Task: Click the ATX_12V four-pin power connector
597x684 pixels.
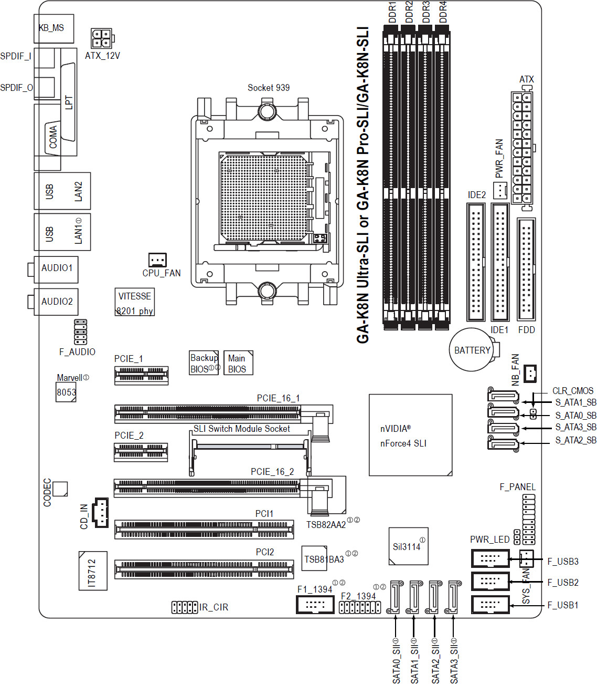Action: [102, 38]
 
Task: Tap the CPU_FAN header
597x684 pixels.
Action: [157, 260]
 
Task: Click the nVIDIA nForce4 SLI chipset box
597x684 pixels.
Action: [410, 434]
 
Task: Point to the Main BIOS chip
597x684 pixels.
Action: [238, 362]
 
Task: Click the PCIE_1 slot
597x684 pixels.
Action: [142, 376]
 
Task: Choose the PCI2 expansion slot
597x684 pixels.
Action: [204, 569]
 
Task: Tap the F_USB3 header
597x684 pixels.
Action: [490, 558]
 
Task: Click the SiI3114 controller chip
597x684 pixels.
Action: [409, 546]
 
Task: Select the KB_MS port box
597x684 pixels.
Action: [54, 28]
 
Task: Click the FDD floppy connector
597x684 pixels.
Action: [526, 270]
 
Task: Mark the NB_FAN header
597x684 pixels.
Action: [530, 374]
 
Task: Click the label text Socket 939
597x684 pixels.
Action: [269, 88]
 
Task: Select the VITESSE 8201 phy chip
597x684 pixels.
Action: [134, 302]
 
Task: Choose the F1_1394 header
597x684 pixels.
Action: [315, 605]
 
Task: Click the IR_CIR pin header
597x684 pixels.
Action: [185, 607]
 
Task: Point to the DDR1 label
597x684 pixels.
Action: [392, 12]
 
